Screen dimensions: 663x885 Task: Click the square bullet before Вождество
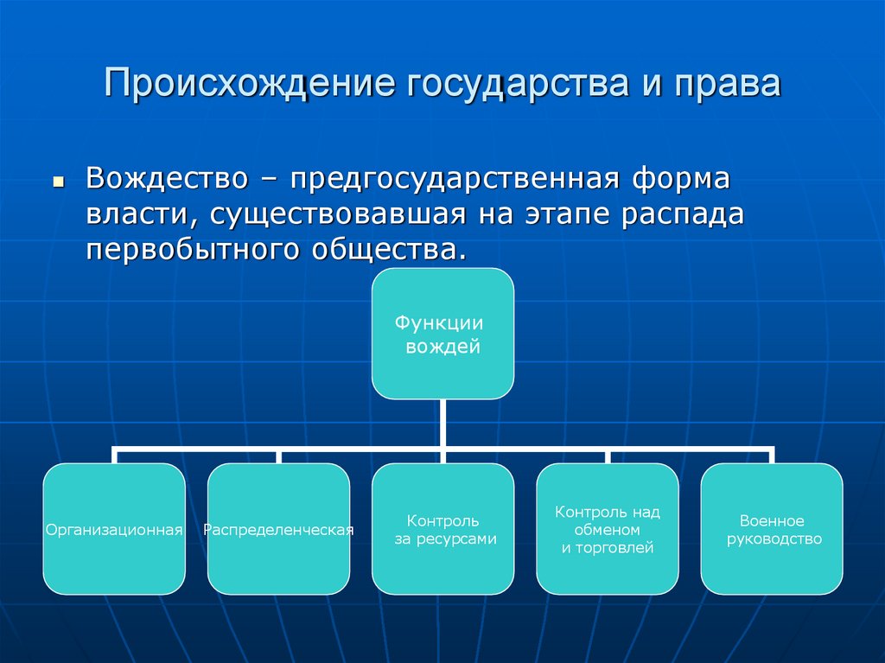[x=59, y=185]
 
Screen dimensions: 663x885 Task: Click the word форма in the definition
[x=680, y=182]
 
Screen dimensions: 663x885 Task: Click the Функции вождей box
[x=442, y=334]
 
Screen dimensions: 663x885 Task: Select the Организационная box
[x=114, y=528]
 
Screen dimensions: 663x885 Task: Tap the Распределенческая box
[x=278, y=528]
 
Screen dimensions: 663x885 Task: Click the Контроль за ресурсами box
[x=442, y=528]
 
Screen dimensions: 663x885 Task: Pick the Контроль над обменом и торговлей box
[x=607, y=528]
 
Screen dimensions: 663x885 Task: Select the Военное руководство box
[x=771, y=528]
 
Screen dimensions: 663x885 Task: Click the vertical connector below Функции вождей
[x=442, y=424]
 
